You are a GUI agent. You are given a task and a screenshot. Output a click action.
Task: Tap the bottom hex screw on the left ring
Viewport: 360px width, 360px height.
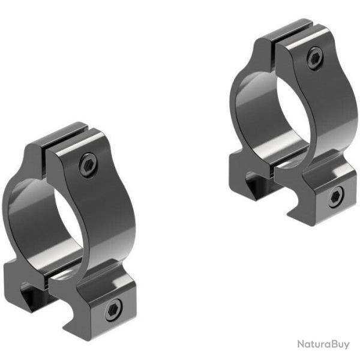tap(112, 311)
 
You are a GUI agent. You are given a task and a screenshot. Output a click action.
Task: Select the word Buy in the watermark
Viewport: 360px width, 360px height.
tap(340, 344)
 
